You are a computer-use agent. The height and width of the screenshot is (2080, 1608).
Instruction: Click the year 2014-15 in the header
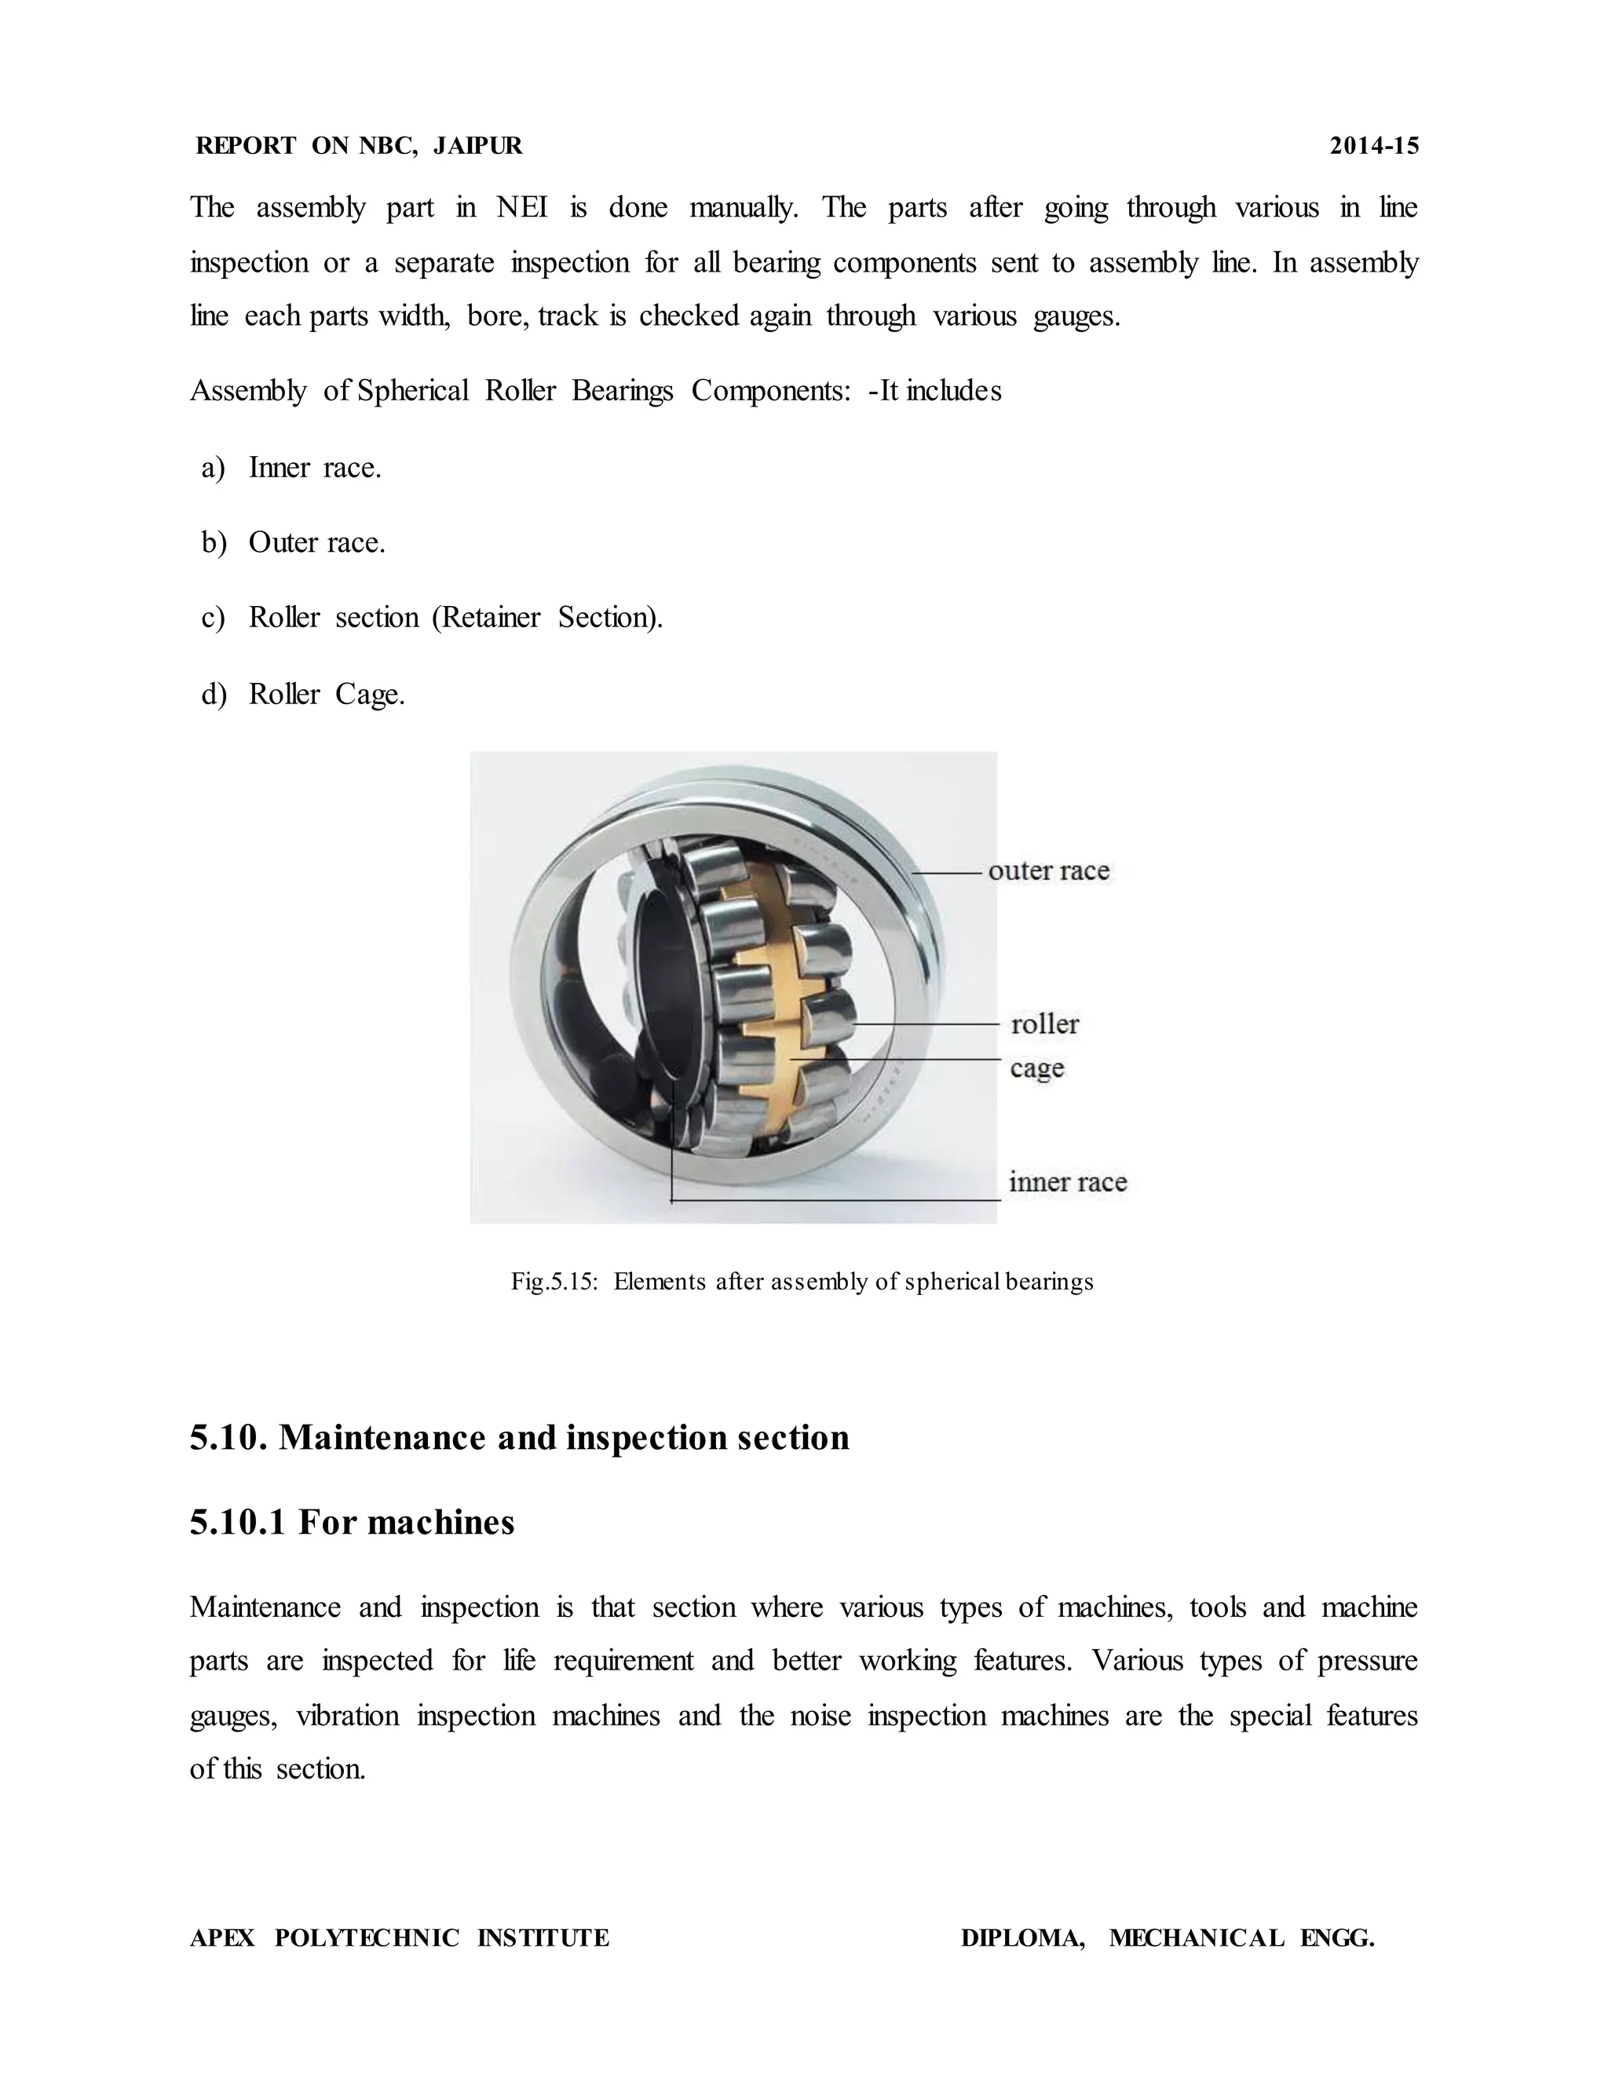pyautogui.click(x=1374, y=146)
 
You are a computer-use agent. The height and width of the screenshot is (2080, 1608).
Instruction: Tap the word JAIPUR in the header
pyautogui.click(x=477, y=146)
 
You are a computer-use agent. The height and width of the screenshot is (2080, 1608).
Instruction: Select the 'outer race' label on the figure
pyautogui.click(x=1049, y=870)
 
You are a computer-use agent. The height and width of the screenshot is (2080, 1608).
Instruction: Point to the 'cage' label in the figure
pyautogui.click(x=1036, y=1067)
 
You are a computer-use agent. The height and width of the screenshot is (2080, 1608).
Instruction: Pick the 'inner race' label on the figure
pyautogui.click(x=1068, y=1182)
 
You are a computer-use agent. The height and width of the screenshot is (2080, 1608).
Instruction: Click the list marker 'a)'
pyautogui.click(x=214, y=468)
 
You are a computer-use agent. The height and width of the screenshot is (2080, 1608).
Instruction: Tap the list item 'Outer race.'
pyautogui.click(x=316, y=543)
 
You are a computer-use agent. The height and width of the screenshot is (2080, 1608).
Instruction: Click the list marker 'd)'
pyautogui.click(x=214, y=695)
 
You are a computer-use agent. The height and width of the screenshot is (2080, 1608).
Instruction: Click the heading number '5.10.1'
pyautogui.click(x=237, y=1522)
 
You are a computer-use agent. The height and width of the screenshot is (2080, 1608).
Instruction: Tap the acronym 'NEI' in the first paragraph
pyautogui.click(x=522, y=208)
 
